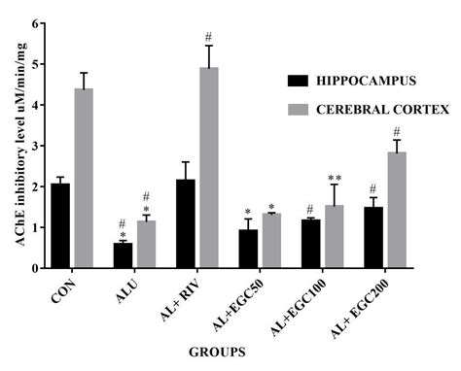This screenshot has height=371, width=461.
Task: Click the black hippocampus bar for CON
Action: (60, 225)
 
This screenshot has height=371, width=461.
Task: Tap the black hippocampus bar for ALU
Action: (123, 254)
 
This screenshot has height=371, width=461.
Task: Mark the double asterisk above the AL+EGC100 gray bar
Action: (335, 178)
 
